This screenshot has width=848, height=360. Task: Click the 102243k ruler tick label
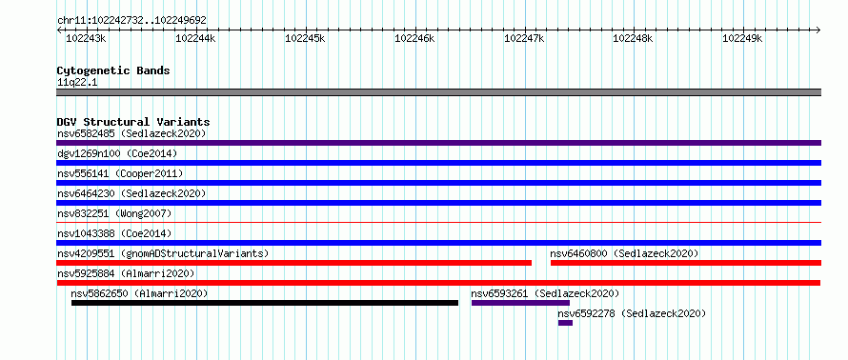tap(86, 38)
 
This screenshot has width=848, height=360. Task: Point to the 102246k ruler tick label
tap(414, 38)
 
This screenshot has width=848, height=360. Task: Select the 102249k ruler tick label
tap(742, 38)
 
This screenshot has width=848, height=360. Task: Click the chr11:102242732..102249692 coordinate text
tap(131, 20)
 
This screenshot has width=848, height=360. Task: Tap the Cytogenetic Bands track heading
tap(113, 70)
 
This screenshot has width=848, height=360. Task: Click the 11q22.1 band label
tap(77, 83)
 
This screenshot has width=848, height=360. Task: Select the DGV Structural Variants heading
tap(133, 122)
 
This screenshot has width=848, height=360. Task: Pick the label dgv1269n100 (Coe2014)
tap(117, 153)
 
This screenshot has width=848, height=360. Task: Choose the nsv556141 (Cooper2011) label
tap(120, 173)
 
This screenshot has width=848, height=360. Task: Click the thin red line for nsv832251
tap(439, 222)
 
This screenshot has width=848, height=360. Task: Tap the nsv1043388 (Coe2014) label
tap(114, 233)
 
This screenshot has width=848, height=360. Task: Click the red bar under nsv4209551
tap(294, 263)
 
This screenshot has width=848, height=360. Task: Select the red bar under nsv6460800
tap(686, 263)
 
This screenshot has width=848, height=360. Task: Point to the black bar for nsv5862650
tap(265, 303)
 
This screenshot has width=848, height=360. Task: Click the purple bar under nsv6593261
tap(521, 303)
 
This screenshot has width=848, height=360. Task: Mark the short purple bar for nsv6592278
tap(565, 323)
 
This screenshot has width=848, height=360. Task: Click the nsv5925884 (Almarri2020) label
tap(126, 273)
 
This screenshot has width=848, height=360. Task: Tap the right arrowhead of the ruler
tap(818, 30)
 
